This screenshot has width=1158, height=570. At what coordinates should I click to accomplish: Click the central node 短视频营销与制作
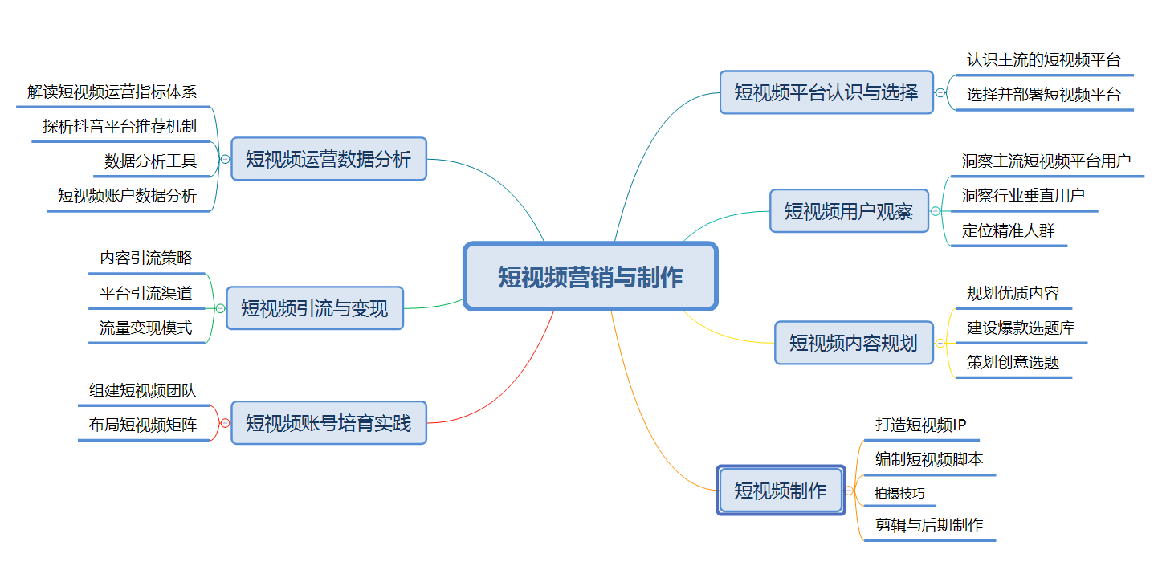590,276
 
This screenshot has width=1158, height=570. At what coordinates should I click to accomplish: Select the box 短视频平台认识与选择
826,92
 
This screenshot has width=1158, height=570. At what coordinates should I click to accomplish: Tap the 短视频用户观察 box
849,211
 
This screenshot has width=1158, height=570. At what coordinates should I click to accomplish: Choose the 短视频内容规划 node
854,343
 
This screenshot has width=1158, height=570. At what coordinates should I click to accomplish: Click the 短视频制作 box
781,490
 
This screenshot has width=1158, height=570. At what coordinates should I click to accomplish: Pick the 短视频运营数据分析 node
328,159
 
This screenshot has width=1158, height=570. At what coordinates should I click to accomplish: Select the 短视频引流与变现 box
315,308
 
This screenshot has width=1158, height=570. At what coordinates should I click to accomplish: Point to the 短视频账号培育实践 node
328,423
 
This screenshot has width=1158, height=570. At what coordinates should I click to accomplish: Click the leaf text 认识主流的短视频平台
1044,60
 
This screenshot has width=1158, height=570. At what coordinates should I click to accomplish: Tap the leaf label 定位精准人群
1008,230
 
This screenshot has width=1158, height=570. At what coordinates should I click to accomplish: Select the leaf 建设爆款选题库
1021,328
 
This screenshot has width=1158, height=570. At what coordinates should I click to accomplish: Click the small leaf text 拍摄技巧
899,494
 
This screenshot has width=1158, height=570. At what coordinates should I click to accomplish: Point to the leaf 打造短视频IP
921,425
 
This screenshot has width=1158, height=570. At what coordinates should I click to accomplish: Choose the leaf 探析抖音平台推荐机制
120,126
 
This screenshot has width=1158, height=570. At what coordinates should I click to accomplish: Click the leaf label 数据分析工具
150,161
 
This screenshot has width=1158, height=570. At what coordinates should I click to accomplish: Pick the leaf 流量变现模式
146,328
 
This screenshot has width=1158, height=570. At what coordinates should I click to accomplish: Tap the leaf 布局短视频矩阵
143,425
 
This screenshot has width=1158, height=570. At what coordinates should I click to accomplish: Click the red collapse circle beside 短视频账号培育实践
226,423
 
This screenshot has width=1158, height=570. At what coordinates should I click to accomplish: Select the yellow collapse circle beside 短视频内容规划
940,343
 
